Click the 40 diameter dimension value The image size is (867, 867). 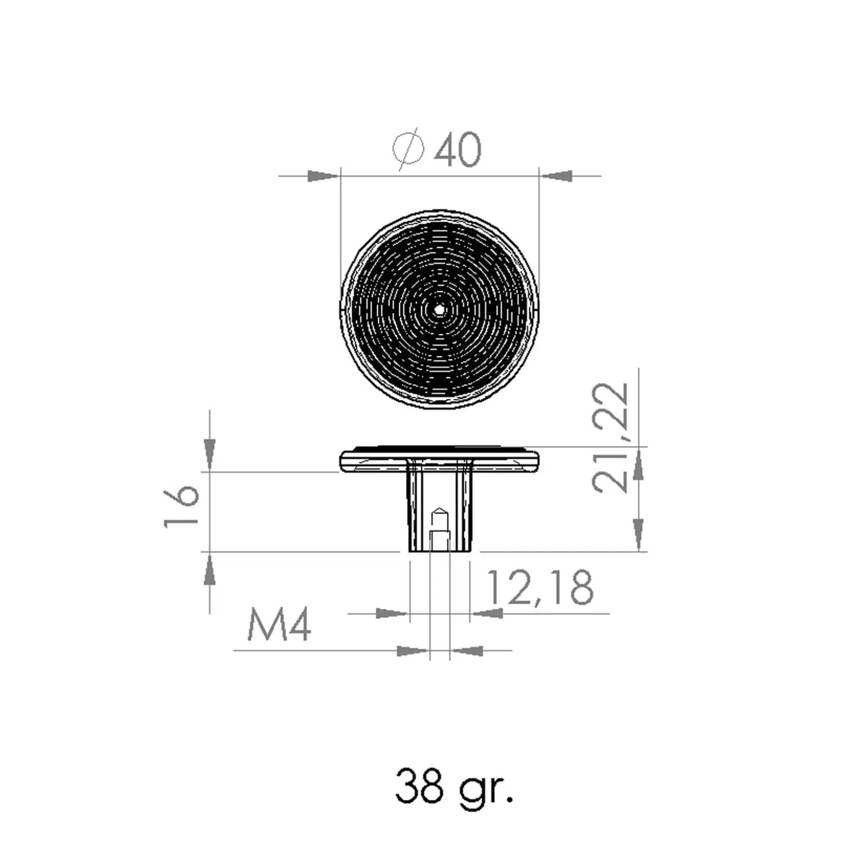457,150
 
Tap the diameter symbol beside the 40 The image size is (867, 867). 408,150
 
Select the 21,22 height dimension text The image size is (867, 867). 610,438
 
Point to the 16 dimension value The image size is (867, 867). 181,506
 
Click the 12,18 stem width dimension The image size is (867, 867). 540,587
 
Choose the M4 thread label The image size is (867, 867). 279,626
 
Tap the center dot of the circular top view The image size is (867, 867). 439,309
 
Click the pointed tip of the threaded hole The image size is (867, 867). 439,507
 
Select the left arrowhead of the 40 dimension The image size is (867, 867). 322,176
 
